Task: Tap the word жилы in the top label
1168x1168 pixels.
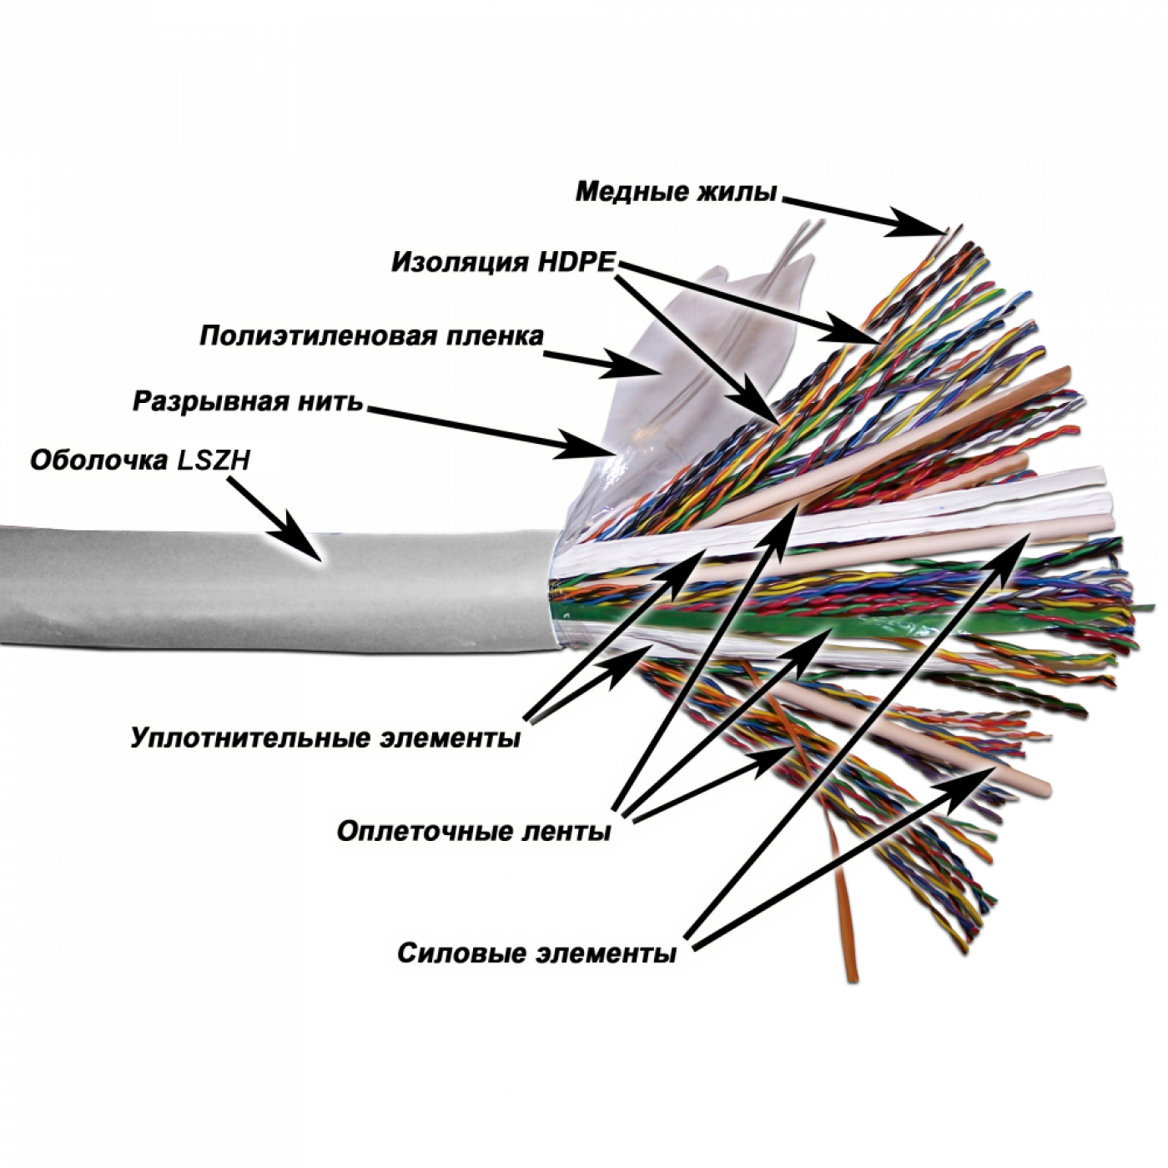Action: pos(738,192)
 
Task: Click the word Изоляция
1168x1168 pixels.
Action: pos(460,263)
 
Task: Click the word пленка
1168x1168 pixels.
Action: pos(500,336)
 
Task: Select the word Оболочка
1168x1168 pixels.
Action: pos(98,461)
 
